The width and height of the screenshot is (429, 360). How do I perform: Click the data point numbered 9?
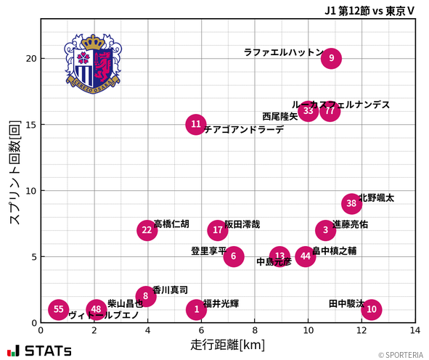(331, 58)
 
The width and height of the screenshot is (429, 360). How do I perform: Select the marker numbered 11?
(196, 124)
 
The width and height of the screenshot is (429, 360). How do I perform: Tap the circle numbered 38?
(351, 203)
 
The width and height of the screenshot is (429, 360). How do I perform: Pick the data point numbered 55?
(59, 309)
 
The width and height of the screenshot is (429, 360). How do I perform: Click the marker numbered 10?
(372, 309)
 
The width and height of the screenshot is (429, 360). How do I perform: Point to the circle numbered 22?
(147, 230)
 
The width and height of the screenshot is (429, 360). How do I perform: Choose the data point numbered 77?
(330, 111)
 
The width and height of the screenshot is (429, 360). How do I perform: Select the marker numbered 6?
(233, 256)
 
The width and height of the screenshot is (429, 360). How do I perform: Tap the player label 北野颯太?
(376, 197)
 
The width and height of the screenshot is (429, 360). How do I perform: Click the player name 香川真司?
(171, 289)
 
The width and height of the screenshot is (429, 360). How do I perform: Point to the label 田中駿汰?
(346, 303)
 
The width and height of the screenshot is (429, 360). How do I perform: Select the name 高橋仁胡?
(171, 224)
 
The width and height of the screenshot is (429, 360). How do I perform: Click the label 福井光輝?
(221, 303)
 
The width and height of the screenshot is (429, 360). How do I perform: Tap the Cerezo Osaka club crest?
(92, 62)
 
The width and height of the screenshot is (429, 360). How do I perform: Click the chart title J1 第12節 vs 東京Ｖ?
(370, 10)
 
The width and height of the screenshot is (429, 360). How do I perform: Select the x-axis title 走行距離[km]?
(227, 343)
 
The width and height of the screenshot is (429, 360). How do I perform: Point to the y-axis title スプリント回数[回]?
(14, 171)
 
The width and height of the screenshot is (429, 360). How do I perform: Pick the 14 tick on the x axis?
(415, 330)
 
